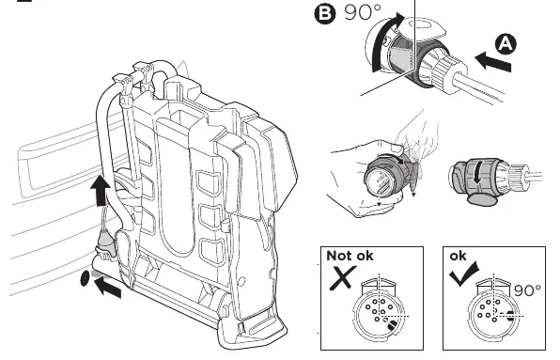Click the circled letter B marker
pos(325,14)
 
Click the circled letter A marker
pos(506,44)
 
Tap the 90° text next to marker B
pos(363,12)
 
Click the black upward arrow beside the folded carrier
pos(100,190)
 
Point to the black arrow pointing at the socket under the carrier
pos(107,288)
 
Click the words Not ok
pos(350,256)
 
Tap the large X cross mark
pos(343,277)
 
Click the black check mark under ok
pos(463,274)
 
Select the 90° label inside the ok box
pos(527,290)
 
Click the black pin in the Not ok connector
pos(392,324)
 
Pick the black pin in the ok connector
pos(511,316)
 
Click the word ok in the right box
pos(458,256)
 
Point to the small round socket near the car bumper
pos(85,278)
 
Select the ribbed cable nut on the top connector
pos(447,70)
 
